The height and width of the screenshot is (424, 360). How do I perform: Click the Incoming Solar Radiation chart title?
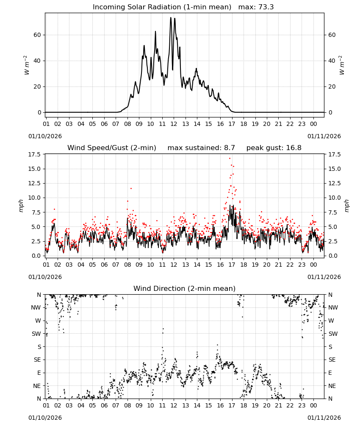(x=162, y=7)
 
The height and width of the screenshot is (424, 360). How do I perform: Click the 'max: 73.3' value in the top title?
(x=256, y=7)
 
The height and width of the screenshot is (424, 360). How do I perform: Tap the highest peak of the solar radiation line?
(x=171, y=17)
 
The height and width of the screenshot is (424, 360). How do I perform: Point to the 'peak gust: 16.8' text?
(x=274, y=148)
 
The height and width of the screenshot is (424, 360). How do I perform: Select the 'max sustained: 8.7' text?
(x=201, y=148)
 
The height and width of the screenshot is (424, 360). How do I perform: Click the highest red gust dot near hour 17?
(x=230, y=158)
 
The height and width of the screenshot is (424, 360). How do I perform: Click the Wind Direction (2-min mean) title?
(x=185, y=288)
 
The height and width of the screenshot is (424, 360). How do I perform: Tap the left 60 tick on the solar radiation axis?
(x=37, y=35)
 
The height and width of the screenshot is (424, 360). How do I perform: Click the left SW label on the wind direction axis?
(x=36, y=334)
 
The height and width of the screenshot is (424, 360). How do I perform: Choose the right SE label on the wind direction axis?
(x=332, y=360)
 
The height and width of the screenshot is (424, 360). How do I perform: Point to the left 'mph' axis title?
(x=21, y=206)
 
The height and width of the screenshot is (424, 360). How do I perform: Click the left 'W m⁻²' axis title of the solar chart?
(x=26, y=65)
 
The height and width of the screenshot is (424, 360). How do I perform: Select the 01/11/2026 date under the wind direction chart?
(x=324, y=418)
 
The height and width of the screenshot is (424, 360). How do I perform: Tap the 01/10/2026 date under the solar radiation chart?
(x=45, y=136)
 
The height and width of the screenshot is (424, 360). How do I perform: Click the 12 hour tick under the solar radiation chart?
(x=174, y=124)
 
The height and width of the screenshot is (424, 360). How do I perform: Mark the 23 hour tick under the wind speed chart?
(x=302, y=265)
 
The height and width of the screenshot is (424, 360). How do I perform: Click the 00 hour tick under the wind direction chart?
(x=313, y=405)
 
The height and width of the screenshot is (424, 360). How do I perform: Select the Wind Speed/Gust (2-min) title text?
(x=112, y=148)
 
